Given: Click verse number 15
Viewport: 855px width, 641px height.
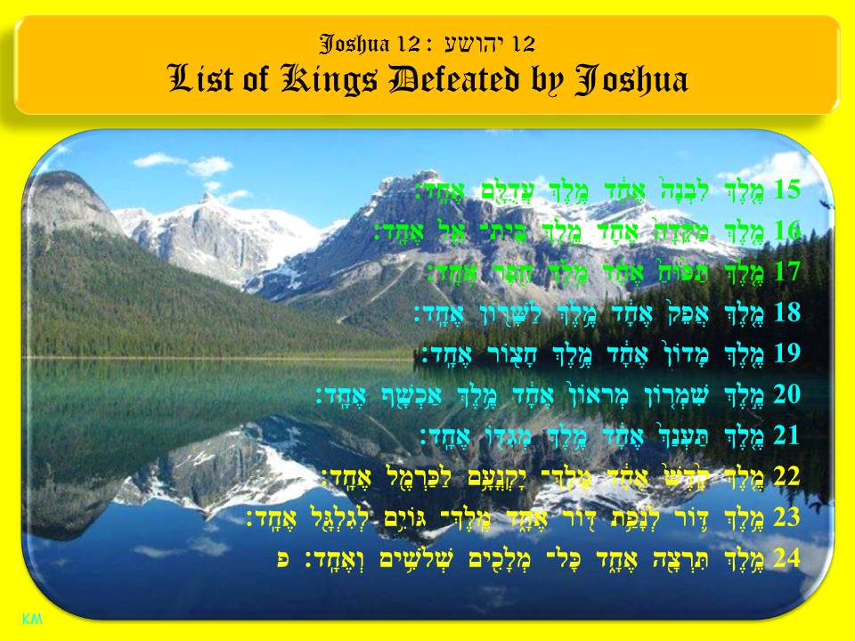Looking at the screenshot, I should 788,190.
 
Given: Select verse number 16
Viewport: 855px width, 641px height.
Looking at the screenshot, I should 788,231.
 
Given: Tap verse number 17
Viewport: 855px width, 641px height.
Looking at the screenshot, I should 788,272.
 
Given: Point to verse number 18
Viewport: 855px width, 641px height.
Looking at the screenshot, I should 788,312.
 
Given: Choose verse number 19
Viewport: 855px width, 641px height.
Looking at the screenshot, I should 788,353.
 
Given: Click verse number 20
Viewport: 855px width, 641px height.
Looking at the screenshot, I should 788,394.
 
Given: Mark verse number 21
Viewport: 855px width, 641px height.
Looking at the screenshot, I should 788,435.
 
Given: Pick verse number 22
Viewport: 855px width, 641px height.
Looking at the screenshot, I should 788,476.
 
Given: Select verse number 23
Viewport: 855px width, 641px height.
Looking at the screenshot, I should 788,517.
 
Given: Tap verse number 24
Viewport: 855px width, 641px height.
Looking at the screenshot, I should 788,558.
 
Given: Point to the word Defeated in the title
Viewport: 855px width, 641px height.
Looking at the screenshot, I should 460,81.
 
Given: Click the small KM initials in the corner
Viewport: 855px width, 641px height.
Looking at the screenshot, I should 32,618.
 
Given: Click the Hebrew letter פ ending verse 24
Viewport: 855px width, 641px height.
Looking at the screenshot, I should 282,559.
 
